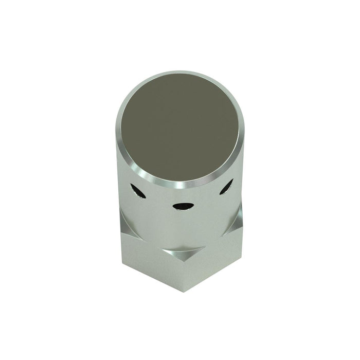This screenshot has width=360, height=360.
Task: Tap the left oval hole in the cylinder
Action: click(137, 191)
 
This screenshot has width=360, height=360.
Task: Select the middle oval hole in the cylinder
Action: click(183, 206)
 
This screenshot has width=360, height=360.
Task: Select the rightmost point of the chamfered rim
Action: click(245, 129)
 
